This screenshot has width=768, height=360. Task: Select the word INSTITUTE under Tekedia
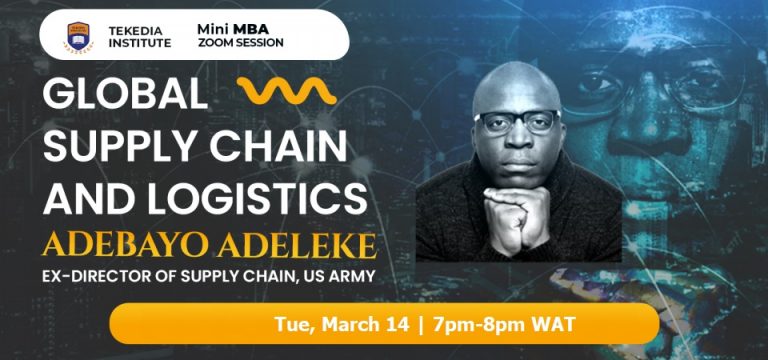click(136, 43)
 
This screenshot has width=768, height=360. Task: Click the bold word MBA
click(255, 27)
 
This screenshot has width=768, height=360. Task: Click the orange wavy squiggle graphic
click(288, 94)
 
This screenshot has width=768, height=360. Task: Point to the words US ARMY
click(337, 275)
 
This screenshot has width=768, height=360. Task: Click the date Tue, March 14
click(327, 325)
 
